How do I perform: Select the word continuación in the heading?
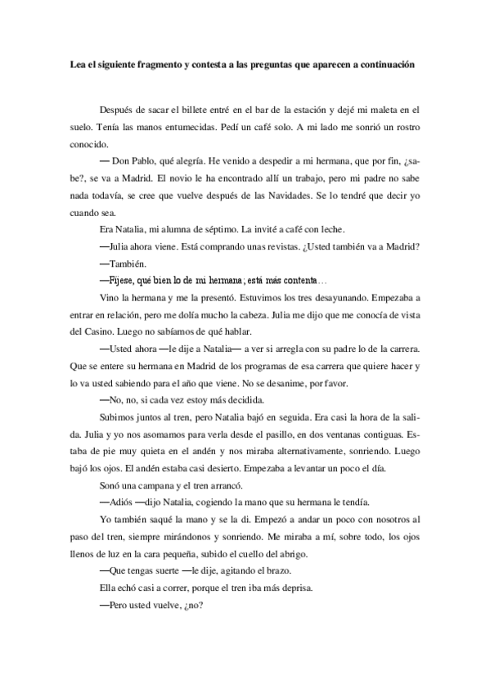click(385, 65)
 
